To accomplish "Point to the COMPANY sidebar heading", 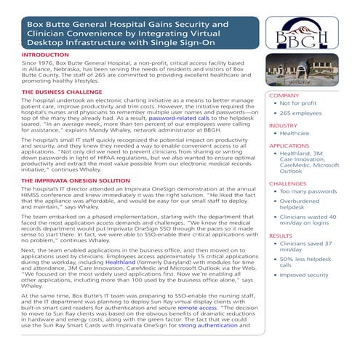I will pos(284,95).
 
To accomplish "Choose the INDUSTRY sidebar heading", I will pos(284,125).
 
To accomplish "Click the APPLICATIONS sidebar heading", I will pos(289,145).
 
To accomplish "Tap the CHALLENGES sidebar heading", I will pos(288,184).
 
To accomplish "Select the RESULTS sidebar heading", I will pos(281,236).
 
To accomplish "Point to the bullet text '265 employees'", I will pos(305,114).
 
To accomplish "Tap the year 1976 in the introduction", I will pos(49,65).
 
